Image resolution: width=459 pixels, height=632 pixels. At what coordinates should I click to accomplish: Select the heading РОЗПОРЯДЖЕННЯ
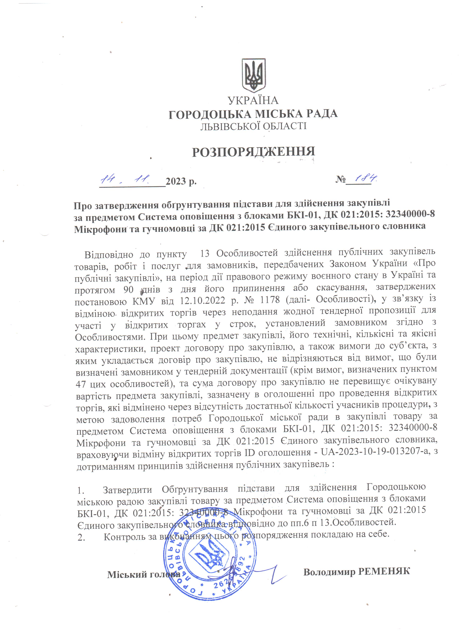(253, 152)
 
